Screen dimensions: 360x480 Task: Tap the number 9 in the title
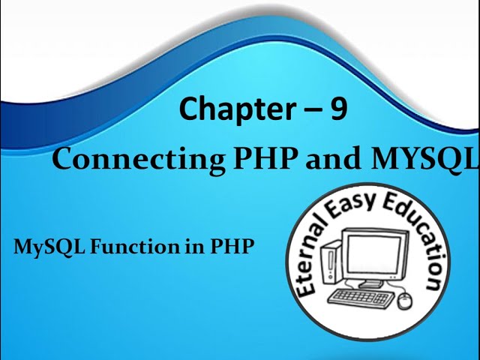pyautogui.click(x=338, y=109)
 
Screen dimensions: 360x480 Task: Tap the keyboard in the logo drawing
pyautogui.click(x=361, y=296)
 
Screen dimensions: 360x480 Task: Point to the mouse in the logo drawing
pyautogui.click(x=405, y=301)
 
